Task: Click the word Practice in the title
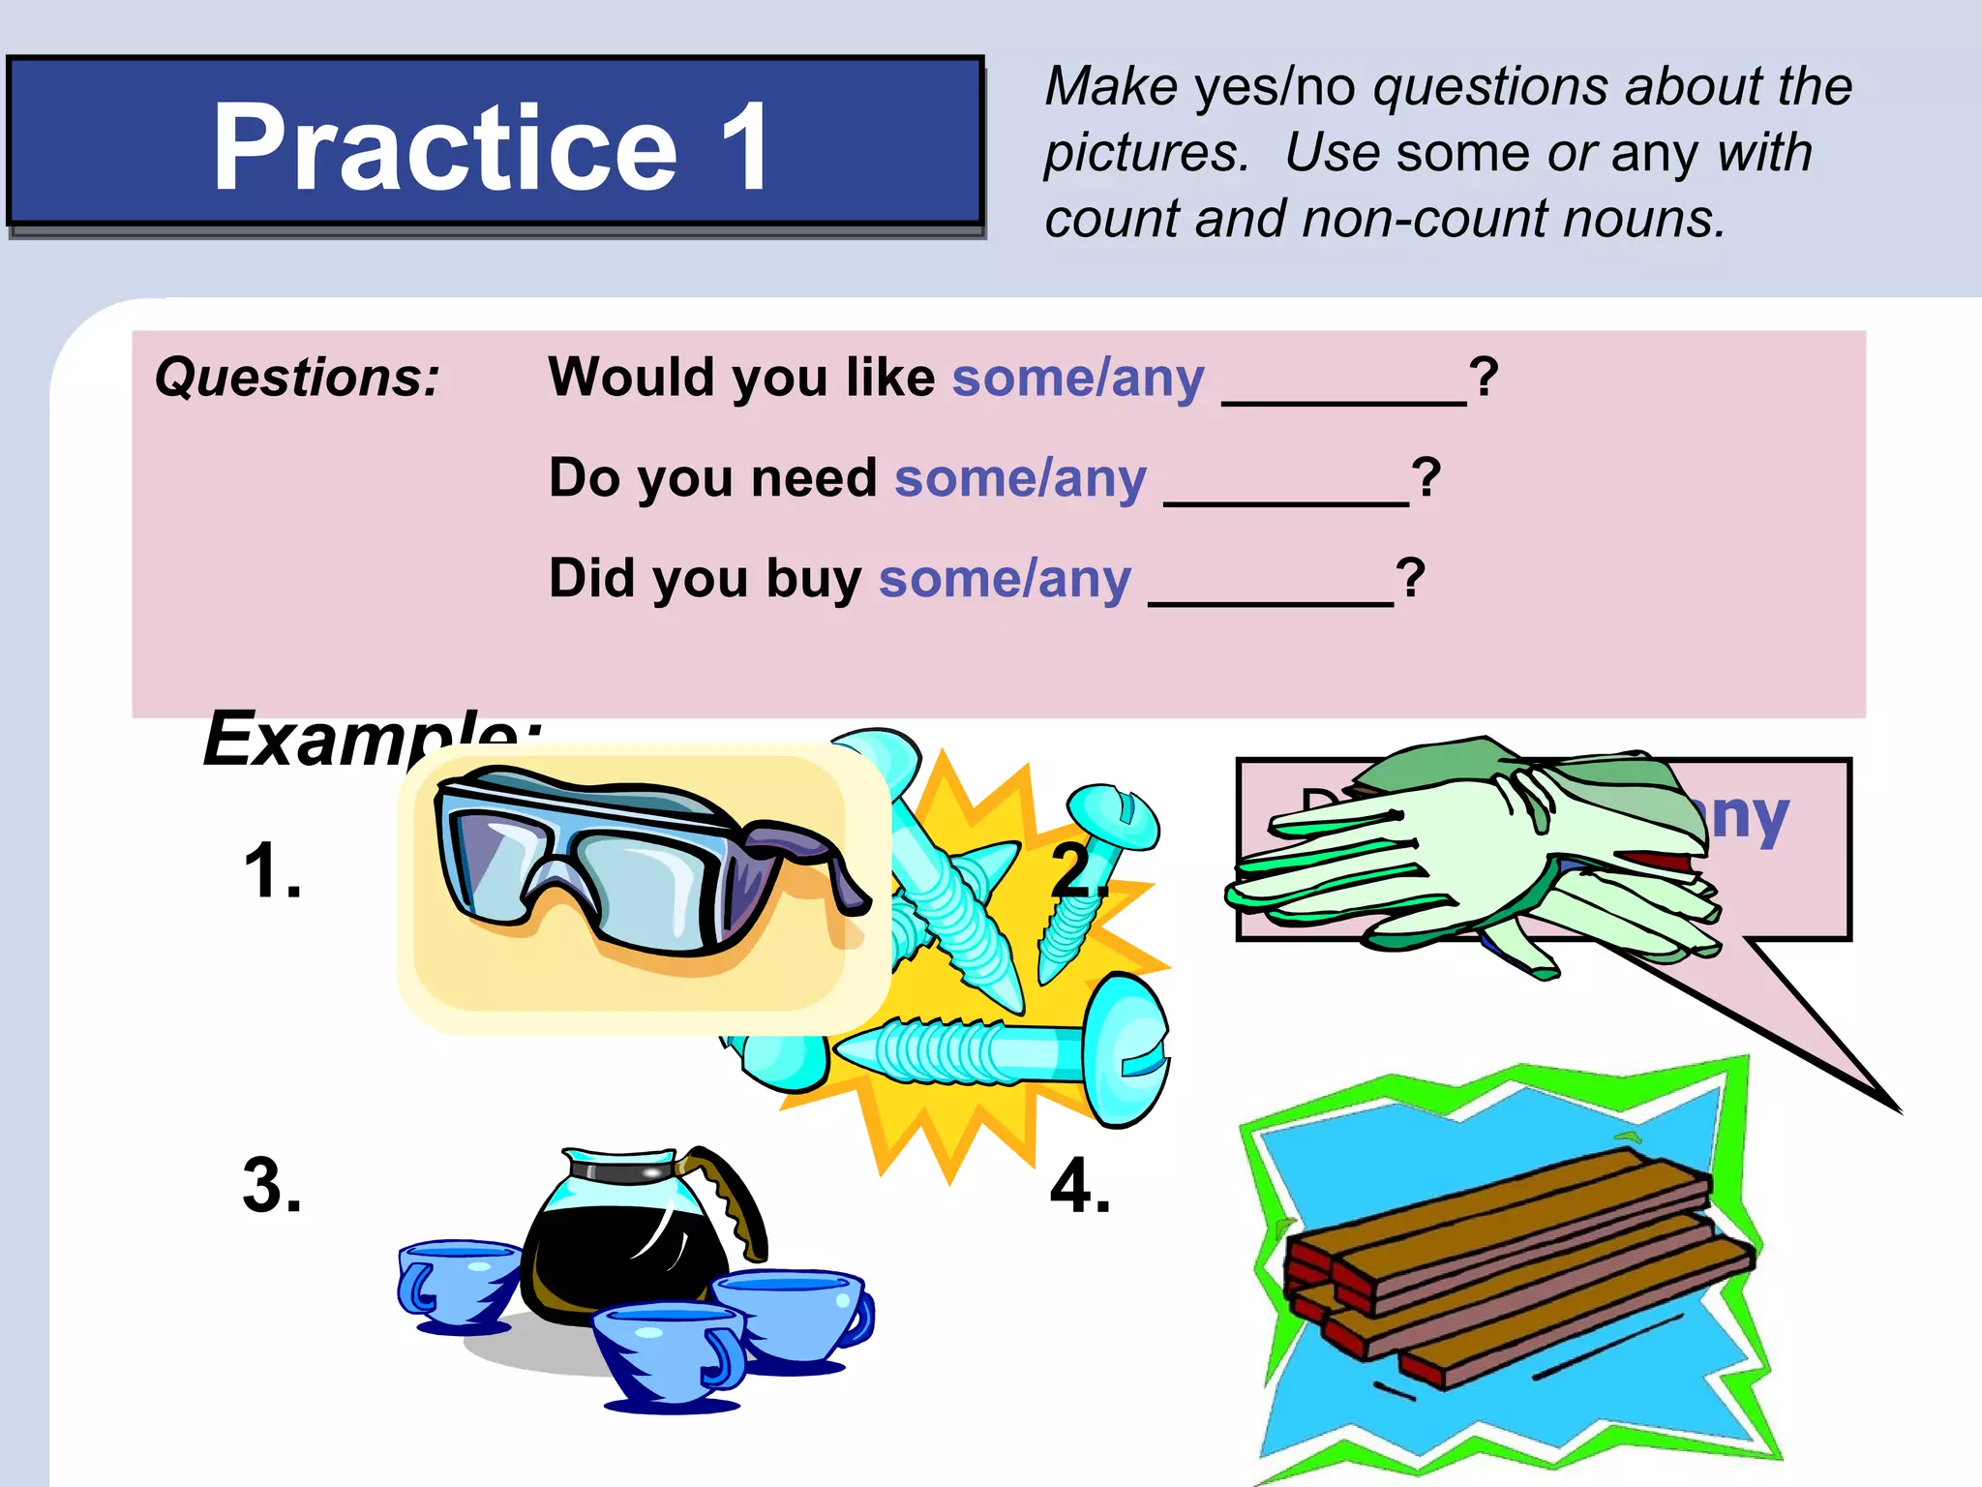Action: click(445, 147)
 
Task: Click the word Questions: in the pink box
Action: click(297, 377)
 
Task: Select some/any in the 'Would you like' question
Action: click(1078, 377)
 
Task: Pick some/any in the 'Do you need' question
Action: click(1020, 477)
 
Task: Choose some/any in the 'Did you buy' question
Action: click(1005, 578)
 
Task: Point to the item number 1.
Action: click(272, 870)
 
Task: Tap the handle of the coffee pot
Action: click(736, 1196)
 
